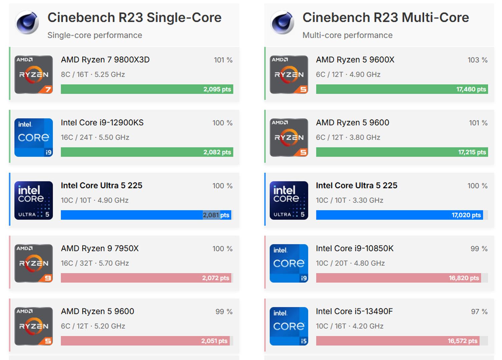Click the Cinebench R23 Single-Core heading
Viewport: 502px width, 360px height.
coord(134,18)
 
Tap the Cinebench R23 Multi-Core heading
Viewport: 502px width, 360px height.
coord(385,18)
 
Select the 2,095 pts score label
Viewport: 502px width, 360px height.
coord(217,89)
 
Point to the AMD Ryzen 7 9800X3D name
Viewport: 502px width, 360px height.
coord(105,60)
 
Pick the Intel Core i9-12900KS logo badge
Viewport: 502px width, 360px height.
coord(34,137)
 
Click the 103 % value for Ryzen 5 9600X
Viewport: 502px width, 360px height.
coord(477,60)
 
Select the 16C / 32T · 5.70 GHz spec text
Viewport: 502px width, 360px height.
coord(95,263)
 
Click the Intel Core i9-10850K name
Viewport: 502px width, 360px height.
coord(355,249)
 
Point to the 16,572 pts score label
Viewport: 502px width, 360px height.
coord(462,341)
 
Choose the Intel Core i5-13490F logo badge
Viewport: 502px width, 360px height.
coord(289,326)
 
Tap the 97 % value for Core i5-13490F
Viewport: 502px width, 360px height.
coord(479,312)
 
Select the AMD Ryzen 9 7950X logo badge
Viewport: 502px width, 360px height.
coord(34,263)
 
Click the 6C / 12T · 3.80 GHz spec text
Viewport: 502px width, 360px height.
coord(348,137)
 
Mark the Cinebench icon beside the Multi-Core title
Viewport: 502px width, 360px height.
coord(283,23)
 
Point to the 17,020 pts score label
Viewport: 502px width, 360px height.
coord(466,215)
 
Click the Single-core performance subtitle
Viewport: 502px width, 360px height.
coord(95,35)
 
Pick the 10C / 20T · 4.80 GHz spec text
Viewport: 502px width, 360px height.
coord(350,263)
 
